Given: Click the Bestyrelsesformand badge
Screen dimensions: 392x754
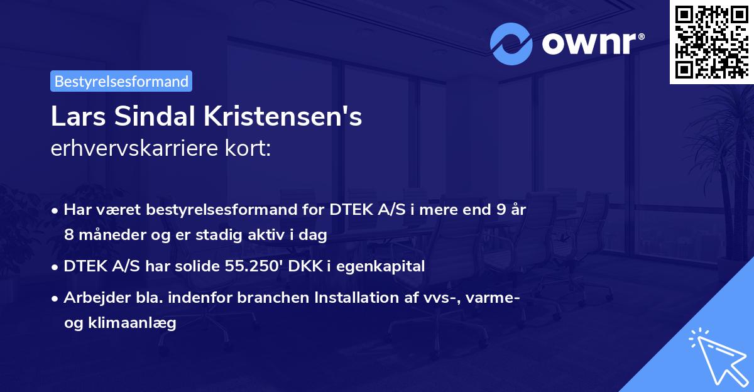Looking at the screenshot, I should (121, 81).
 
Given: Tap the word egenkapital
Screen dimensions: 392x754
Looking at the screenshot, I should (383, 266).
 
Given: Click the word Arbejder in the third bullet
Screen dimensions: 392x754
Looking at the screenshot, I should (90, 297).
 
